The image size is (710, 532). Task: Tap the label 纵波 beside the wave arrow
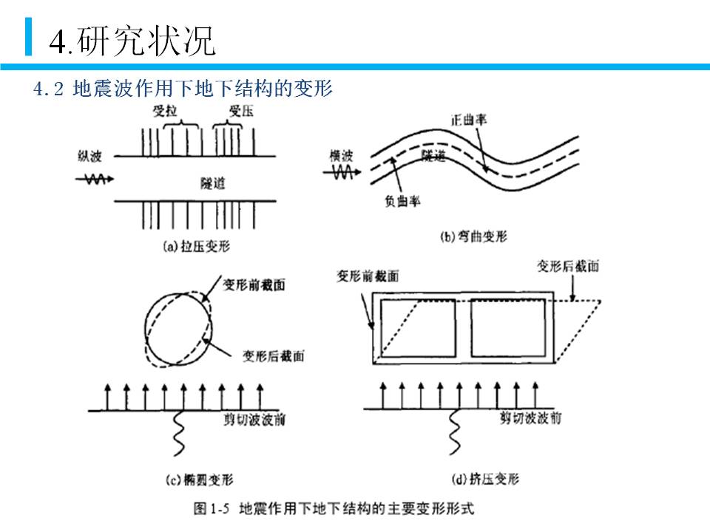[x=90, y=156]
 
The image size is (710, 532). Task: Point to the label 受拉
[x=165, y=112]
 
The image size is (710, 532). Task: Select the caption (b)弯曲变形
[x=473, y=236]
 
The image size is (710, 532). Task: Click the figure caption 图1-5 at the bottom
[x=332, y=508]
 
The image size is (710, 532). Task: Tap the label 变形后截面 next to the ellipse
[x=273, y=355]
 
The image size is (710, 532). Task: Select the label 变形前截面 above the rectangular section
[x=368, y=276]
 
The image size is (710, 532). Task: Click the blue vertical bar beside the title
[x=28, y=37]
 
